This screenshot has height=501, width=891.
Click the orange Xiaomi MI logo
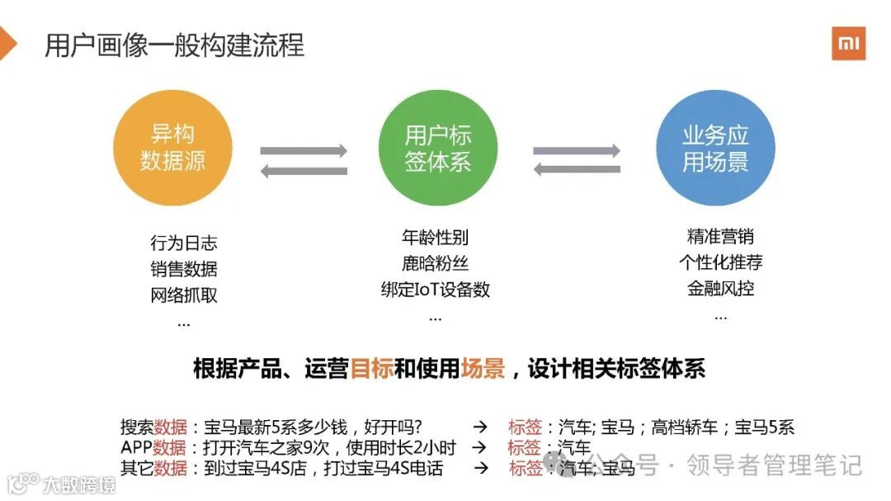point(848,43)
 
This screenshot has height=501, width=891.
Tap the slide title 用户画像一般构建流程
point(174,44)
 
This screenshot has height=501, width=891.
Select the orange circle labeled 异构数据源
point(172,148)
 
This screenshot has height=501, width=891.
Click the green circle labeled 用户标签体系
point(438,148)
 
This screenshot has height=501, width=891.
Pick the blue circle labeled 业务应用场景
point(715,148)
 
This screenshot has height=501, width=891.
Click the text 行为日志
point(184,243)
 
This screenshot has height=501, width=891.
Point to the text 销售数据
point(184,268)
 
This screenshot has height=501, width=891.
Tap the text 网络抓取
point(184,295)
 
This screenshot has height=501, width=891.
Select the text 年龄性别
point(435,238)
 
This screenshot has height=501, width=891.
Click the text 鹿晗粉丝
point(435,264)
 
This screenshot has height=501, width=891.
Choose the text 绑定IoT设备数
point(435,290)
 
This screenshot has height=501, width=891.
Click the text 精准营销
point(720,237)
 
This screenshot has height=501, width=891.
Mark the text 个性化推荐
point(720,262)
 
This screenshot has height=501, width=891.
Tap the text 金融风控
point(720,289)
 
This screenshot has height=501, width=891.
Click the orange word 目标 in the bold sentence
point(371,368)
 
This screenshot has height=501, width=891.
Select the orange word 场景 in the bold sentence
point(483,368)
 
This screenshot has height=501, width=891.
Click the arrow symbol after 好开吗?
point(479,427)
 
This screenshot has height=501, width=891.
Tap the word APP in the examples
point(136,447)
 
